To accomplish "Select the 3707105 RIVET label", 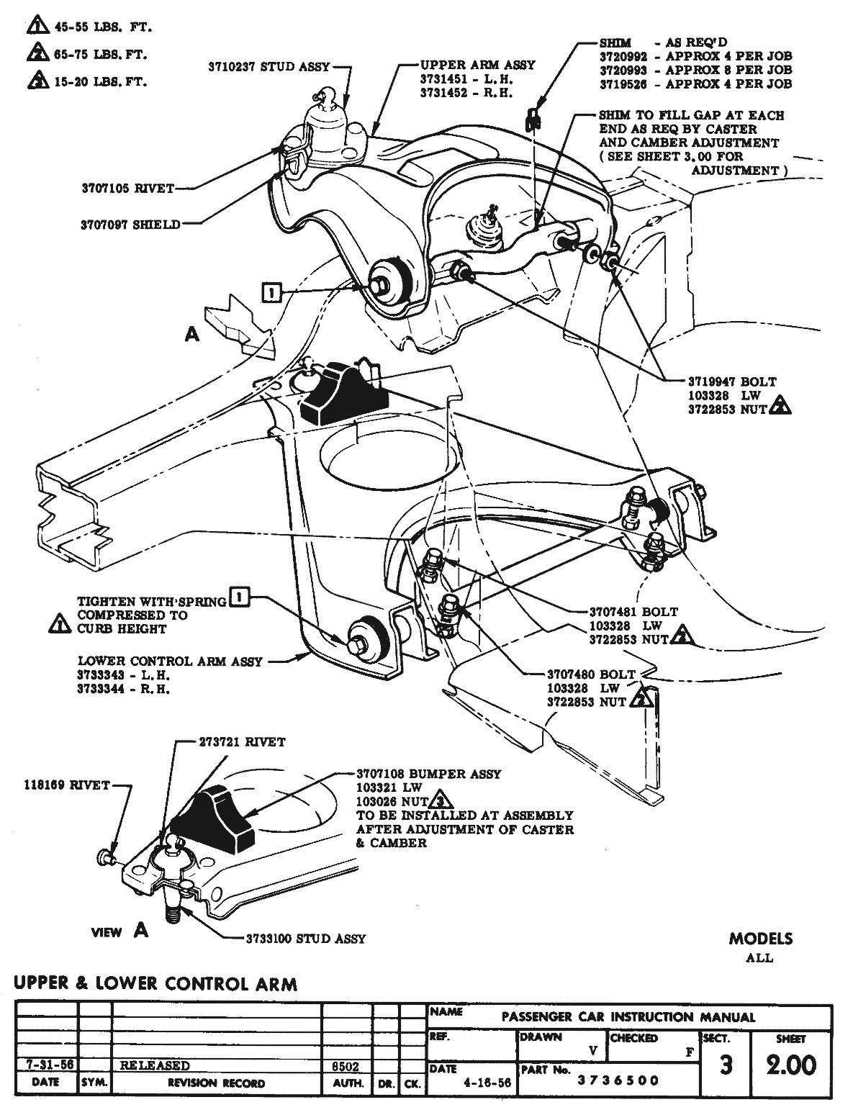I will point(127,189).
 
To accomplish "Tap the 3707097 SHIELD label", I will point(130,225).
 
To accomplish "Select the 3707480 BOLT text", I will point(591,674).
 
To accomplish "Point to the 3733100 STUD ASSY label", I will point(305,939).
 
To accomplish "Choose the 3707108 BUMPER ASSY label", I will point(428,774).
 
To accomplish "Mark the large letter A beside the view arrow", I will point(191,335).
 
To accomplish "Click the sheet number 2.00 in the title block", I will point(791,1065).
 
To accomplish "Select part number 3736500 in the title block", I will point(618,1080).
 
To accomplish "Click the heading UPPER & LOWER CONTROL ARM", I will point(155,983).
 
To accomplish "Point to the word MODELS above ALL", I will point(760,939).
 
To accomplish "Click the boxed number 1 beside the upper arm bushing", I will point(271,292).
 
